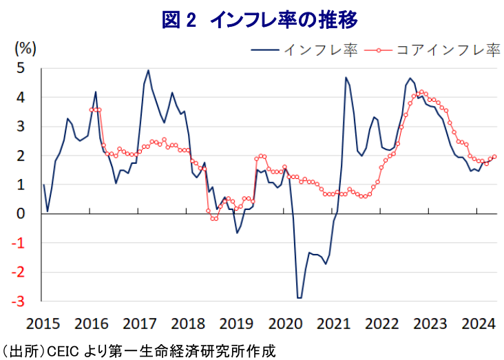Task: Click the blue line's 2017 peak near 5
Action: point(149,70)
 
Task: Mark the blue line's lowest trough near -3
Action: point(299,298)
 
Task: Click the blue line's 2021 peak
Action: point(346,77)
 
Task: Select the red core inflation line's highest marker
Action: point(421,92)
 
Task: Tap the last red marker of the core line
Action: point(494,156)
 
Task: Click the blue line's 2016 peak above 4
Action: point(96,92)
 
